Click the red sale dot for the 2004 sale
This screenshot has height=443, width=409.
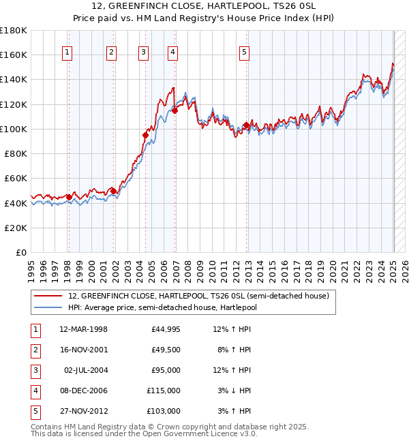point(145,135)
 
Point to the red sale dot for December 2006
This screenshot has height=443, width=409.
point(175,110)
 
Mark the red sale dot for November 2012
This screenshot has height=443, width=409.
point(246,125)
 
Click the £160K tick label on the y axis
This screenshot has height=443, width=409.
point(13,55)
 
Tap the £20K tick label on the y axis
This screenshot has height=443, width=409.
point(16,228)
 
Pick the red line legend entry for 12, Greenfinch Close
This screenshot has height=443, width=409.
point(198,296)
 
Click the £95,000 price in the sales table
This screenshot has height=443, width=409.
point(166,370)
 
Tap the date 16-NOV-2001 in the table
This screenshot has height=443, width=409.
point(83,350)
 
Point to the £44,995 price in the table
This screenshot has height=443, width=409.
point(166,329)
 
